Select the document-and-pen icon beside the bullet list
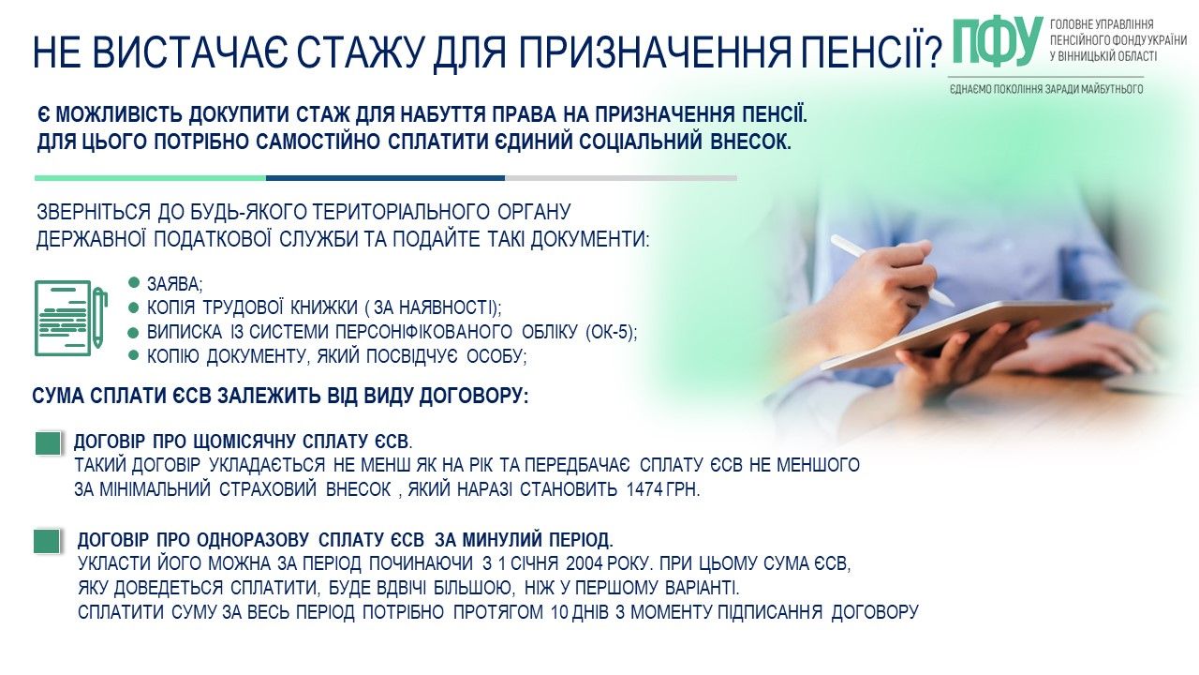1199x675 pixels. click(x=70, y=317)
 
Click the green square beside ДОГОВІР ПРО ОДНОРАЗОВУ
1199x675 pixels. click(x=46, y=541)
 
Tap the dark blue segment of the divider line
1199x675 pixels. click(x=385, y=177)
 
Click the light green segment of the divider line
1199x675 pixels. click(x=150, y=177)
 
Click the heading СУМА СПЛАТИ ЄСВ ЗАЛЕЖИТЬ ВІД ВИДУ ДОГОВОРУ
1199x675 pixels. click(x=280, y=396)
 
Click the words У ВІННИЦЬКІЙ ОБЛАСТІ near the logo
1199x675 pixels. click(x=1103, y=56)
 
